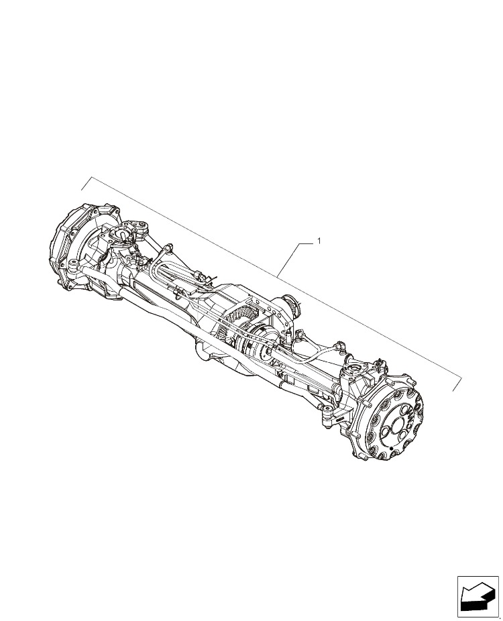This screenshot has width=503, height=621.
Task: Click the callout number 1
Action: click(319, 240)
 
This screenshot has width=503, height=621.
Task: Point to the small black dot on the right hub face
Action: click(391, 448)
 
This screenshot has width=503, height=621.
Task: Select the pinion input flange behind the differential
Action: click(292, 304)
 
